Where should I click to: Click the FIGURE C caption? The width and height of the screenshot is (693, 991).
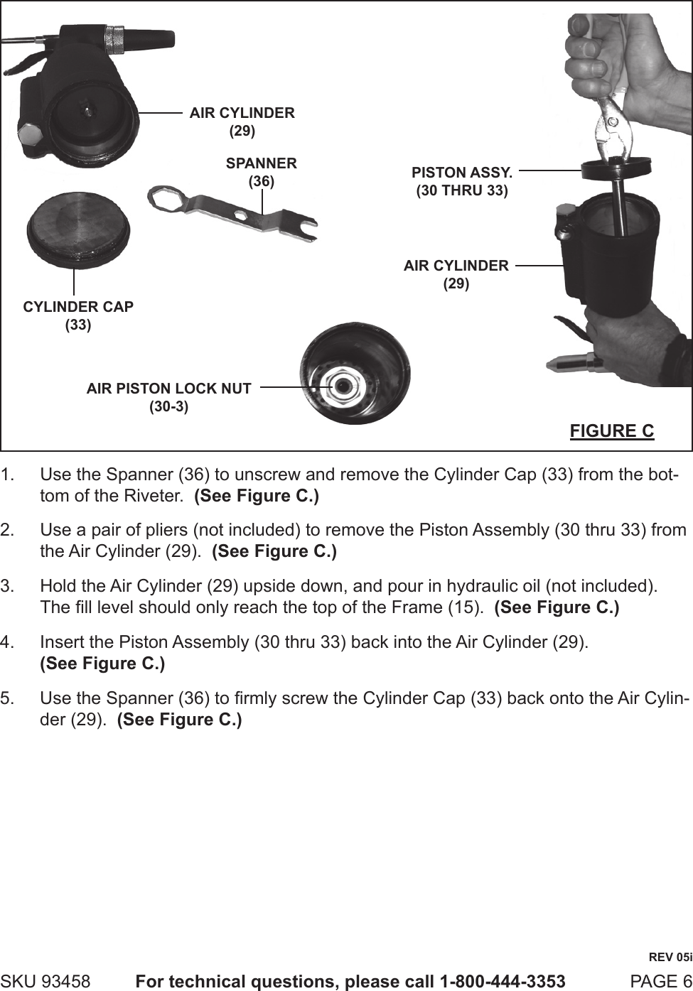pyautogui.click(x=611, y=430)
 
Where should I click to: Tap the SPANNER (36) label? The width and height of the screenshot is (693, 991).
pyautogui.click(x=261, y=172)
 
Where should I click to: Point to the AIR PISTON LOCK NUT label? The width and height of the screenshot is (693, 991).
pyautogui.click(x=168, y=397)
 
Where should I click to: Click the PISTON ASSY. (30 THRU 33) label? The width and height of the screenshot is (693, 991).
pyautogui.click(x=462, y=181)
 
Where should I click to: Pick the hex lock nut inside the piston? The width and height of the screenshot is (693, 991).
pyautogui.click(x=344, y=384)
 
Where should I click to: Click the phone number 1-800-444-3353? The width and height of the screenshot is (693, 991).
pyautogui.click(x=503, y=981)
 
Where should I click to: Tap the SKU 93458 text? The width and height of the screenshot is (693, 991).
pyautogui.click(x=45, y=981)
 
